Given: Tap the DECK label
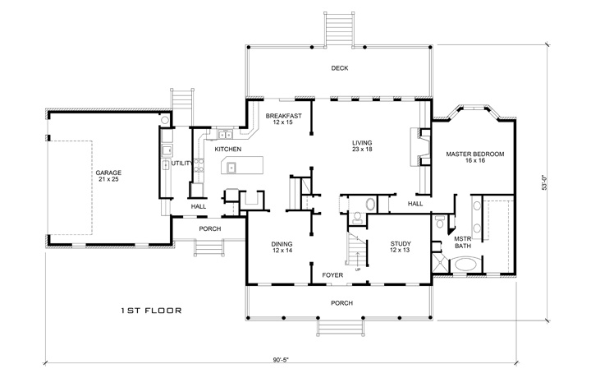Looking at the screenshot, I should point(340,68).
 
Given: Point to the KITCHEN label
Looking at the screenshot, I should point(227,150).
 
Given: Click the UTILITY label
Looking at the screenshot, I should point(181,164).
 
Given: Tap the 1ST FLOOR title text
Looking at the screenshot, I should point(151,311).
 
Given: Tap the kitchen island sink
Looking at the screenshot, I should point(231,168).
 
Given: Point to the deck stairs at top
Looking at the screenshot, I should point(340,28).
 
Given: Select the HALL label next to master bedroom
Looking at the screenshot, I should point(416,203).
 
